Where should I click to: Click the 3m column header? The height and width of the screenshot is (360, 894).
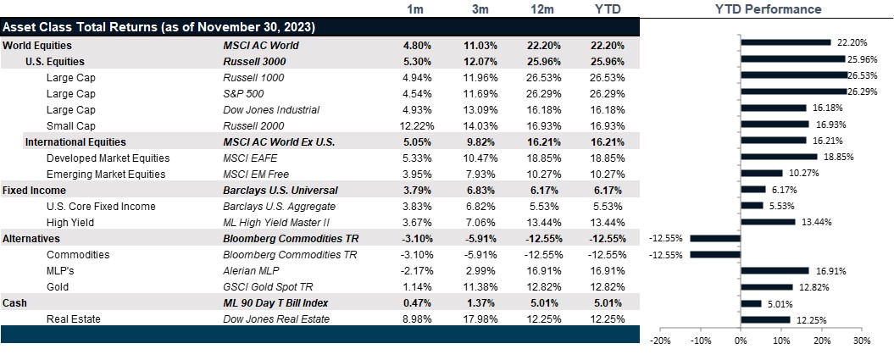pyautogui.click(x=480, y=9)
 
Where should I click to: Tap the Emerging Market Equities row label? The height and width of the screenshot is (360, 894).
pyautogui.click(x=108, y=174)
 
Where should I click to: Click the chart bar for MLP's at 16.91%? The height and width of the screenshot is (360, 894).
pyautogui.click(x=775, y=271)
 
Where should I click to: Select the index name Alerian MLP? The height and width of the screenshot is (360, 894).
pyautogui.click(x=252, y=270)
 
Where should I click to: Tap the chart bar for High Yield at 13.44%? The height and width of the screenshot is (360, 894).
pyautogui.click(x=768, y=222)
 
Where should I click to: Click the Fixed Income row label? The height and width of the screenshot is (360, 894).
pyautogui.click(x=34, y=190)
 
